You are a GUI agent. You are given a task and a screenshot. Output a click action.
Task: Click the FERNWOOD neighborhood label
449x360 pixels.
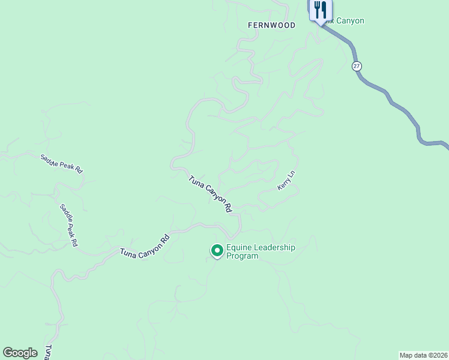tap(272, 25)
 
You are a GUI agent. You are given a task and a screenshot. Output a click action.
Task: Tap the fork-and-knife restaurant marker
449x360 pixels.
tap(320, 11)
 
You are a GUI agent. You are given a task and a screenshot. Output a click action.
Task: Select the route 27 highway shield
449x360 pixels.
tap(357, 66)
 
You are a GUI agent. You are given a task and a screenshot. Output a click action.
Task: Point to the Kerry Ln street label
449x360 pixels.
tap(286, 181)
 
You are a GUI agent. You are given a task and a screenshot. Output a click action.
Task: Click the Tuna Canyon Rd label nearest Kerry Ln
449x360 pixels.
tap(210, 194)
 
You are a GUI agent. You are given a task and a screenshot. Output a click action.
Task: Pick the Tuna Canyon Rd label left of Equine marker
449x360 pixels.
tap(145, 245)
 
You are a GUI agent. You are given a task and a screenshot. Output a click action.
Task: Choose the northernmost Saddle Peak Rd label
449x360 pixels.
tap(61, 164)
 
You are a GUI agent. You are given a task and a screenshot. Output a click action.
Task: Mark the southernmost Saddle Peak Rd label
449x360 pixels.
tap(68, 226)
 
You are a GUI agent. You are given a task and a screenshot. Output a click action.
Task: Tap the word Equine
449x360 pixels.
tap(238, 247)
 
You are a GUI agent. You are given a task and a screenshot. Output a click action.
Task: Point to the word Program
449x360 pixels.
tap(243, 256)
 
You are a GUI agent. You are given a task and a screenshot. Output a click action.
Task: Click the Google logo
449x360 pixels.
tap(20, 353)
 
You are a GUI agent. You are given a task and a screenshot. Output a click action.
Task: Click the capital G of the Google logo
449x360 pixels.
tap(7, 353)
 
